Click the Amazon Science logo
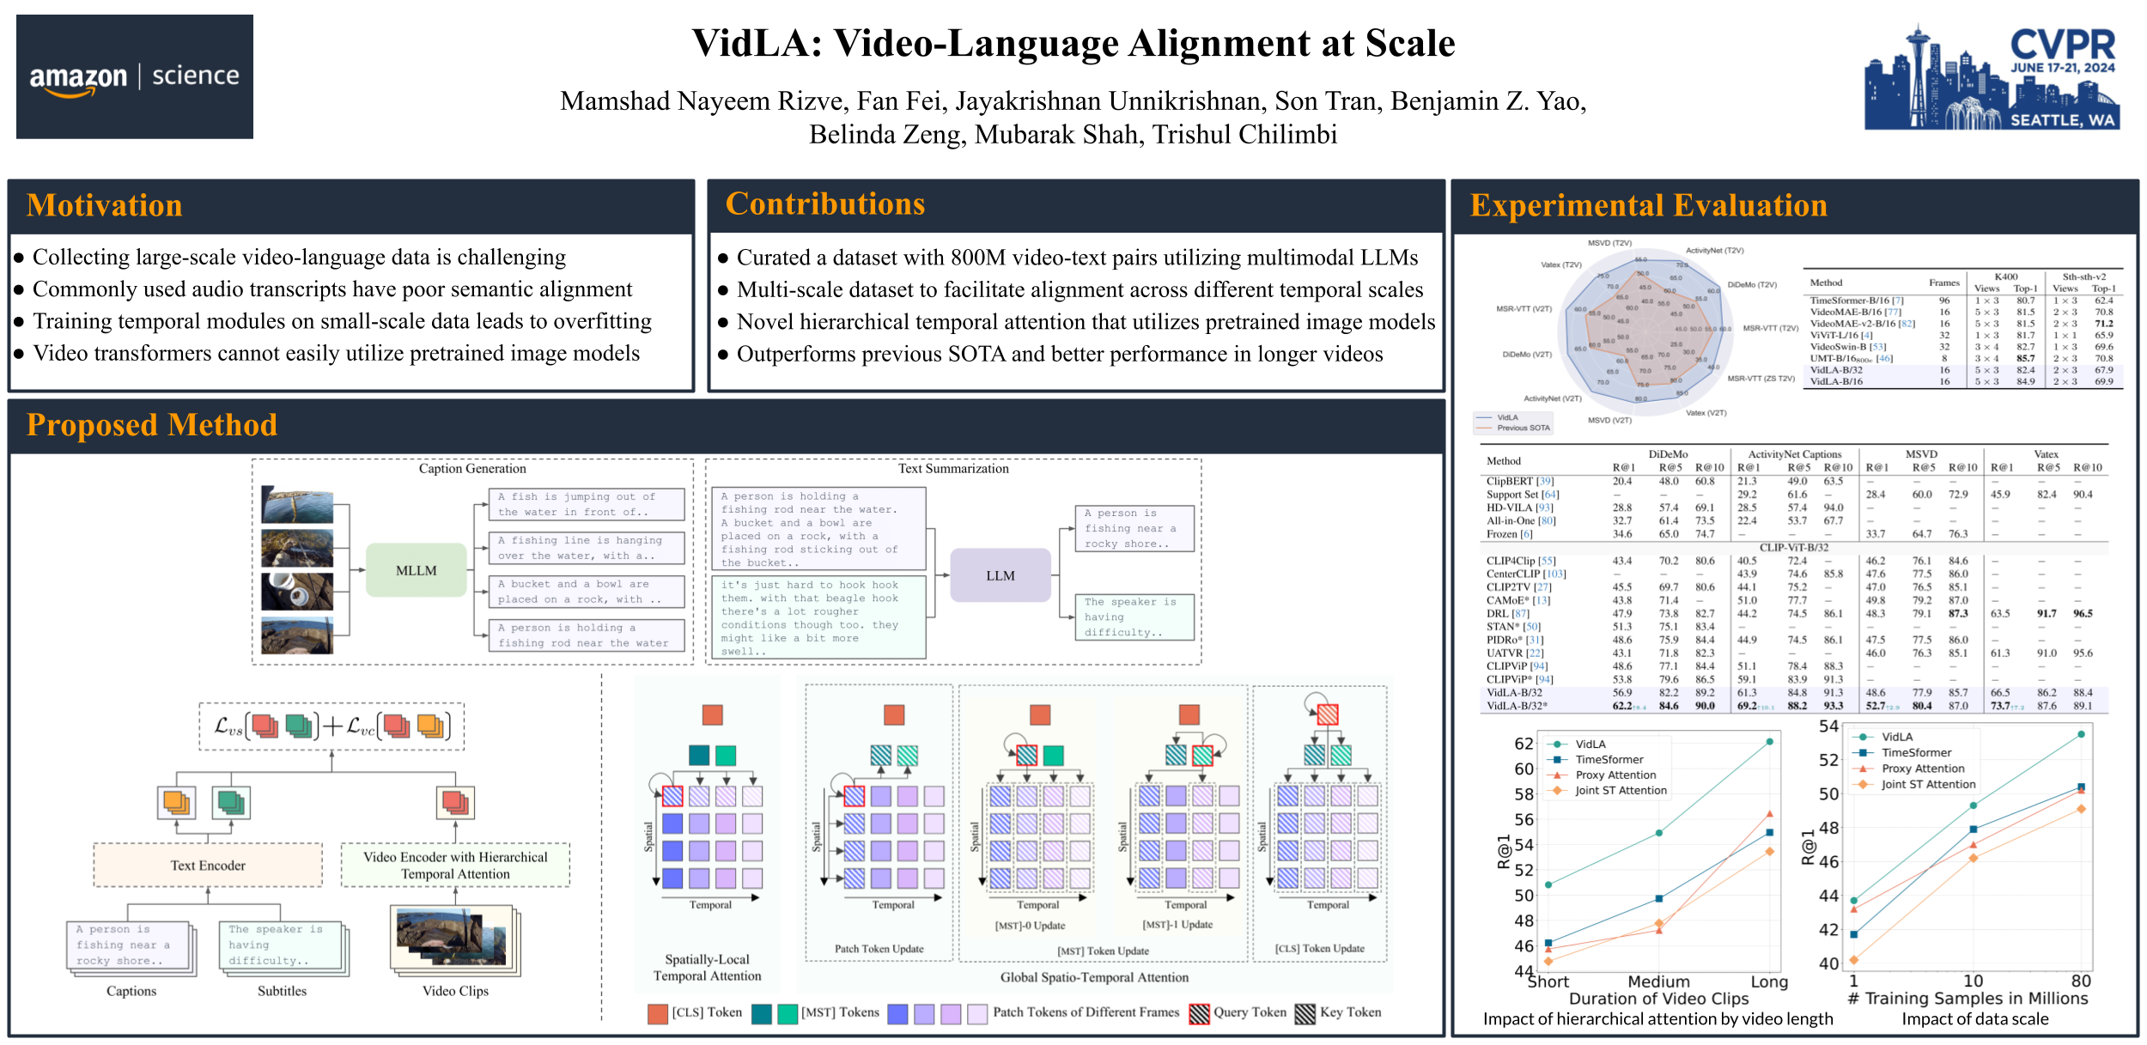pos(135,76)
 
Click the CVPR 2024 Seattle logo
pos(1992,78)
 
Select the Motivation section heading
pos(105,206)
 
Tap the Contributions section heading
pos(824,204)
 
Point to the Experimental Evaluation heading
pos(1648,206)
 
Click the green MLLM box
pos(416,571)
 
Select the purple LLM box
pos(1000,575)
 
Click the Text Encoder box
pos(208,866)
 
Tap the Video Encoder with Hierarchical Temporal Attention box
pos(455,866)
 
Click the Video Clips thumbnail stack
pos(454,939)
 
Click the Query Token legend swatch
pos(1199,1014)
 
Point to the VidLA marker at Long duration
pos(1769,742)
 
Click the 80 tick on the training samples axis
pos(2080,981)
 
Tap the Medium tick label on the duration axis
pos(1658,981)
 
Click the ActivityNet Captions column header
pos(1794,454)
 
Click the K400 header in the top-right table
pos(2005,276)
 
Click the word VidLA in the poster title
pos(757,44)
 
